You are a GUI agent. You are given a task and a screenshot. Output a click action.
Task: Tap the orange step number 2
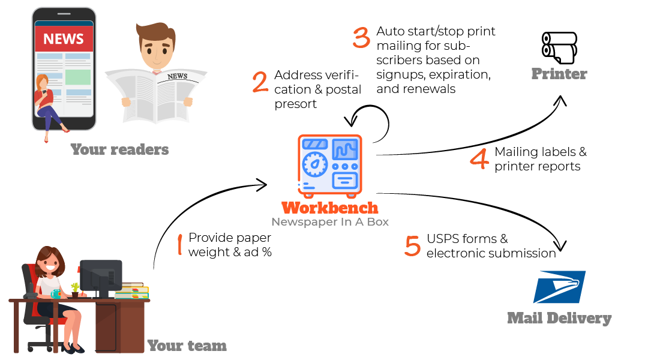pyautogui.click(x=260, y=82)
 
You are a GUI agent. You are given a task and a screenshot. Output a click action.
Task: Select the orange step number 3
pyautogui.click(x=361, y=37)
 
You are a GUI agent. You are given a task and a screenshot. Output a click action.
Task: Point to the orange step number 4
pyautogui.click(x=479, y=160)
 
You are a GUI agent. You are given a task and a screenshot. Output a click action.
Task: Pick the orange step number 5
pyautogui.click(x=412, y=246)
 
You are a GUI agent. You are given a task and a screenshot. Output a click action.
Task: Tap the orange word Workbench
pyautogui.click(x=330, y=208)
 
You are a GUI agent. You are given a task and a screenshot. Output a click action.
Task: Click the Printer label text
pyautogui.click(x=559, y=74)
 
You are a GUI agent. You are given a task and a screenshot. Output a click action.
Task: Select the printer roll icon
pyautogui.click(x=559, y=47)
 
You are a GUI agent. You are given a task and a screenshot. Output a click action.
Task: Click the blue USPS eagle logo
pyautogui.click(x=559, y=287)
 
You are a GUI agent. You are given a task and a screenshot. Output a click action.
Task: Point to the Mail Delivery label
pyautogui.click(x=559, y=318)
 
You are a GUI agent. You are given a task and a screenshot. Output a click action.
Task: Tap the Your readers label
pyautogui.click(x=119, y=149)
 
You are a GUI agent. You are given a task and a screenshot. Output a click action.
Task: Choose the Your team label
pyautogui.click(x=187, y=346)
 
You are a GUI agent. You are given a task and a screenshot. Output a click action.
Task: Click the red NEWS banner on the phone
pyautogui.click(x=64, y=40)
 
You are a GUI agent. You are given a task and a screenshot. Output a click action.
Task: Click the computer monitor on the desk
pyautogui.click(x=100, y=276)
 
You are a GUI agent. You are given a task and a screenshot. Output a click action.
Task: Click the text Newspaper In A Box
pyautogui.click(x=329, y=222)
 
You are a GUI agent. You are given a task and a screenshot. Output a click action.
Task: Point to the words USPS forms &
pyautogui.click(x=467, y=239)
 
